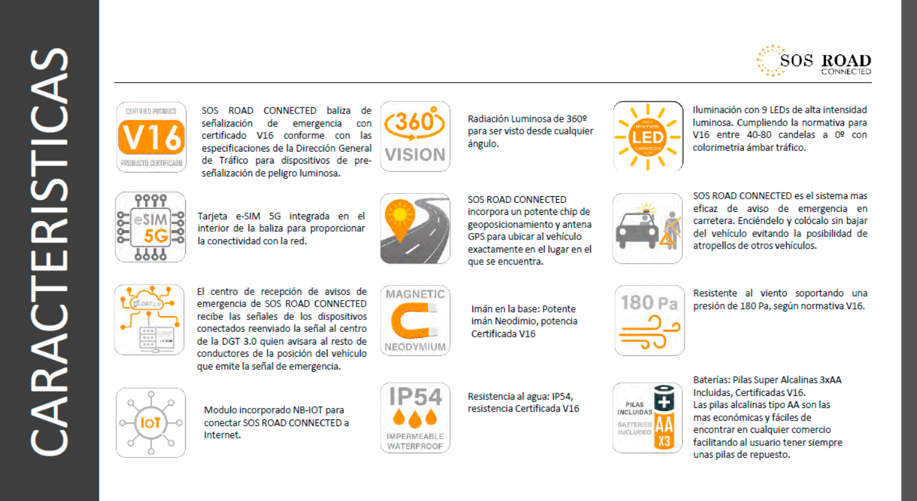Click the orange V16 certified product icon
151,137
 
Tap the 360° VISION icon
415,136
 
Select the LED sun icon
648,136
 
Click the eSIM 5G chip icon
150,227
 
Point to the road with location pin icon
415,228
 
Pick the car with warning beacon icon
647,228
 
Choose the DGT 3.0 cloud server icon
150,320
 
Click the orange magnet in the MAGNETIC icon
414,321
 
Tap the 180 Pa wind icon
649,321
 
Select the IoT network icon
151,423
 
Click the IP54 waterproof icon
415,418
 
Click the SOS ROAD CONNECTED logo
814,62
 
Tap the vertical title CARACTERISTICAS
49,250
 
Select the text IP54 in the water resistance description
561,397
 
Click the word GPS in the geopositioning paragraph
477,237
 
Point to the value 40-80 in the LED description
760,135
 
